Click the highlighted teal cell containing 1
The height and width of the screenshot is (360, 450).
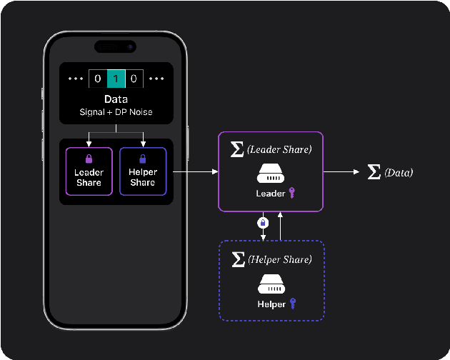tap(116, 79)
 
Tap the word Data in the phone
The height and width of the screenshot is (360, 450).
tap(116, 99)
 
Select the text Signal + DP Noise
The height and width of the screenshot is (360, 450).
tap(116, 113)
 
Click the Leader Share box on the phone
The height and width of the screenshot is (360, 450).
tap(89, 171)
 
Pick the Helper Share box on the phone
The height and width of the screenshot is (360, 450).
tap(142, 171)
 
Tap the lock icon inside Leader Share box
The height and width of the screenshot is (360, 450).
tap(89, 159)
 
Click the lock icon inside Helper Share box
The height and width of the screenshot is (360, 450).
tap(142, 159)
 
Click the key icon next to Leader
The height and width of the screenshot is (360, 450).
tap(291, 193)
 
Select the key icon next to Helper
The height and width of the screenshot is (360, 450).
tap(292, 304)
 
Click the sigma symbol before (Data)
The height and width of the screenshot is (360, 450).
tap(374, 172)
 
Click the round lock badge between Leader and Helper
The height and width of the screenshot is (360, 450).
tap(262, 223)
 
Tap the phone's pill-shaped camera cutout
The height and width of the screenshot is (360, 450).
tap(116, 46)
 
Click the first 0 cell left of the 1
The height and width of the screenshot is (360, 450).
tap(98, 79)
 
